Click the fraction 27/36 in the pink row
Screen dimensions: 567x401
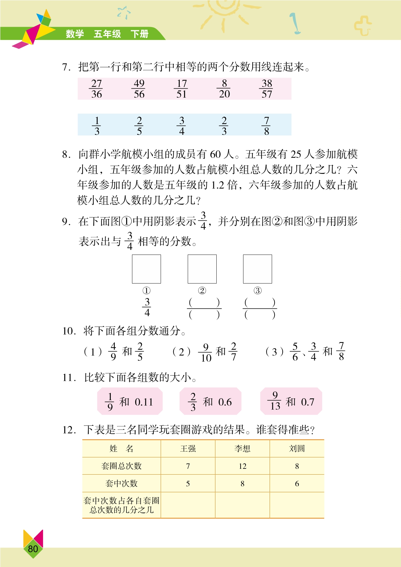(96, 89)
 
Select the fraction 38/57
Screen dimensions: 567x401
(267, 89)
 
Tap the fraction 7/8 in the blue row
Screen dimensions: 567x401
(267, 126)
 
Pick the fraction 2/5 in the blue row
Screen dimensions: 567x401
(139, 126)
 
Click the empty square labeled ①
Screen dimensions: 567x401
(146, 269)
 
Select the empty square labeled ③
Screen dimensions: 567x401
(258, 269)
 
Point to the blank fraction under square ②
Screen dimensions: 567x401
(204, 308)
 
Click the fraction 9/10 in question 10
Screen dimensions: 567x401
(206, 352)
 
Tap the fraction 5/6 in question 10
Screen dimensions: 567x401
(295, 352)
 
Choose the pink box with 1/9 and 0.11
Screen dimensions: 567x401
(130, 401)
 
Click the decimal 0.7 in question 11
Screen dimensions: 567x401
(307, 402)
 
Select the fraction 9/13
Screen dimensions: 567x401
(275, 401)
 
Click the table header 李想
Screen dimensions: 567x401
(243, 448)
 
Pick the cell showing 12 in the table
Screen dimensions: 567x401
(243, 466)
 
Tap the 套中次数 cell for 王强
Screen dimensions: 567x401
(188, 484)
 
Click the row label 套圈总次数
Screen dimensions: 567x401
(122, 466)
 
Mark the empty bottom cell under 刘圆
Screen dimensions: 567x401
(297, 505)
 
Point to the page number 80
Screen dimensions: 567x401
(33, 549)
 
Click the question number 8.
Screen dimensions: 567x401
(66, 154)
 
